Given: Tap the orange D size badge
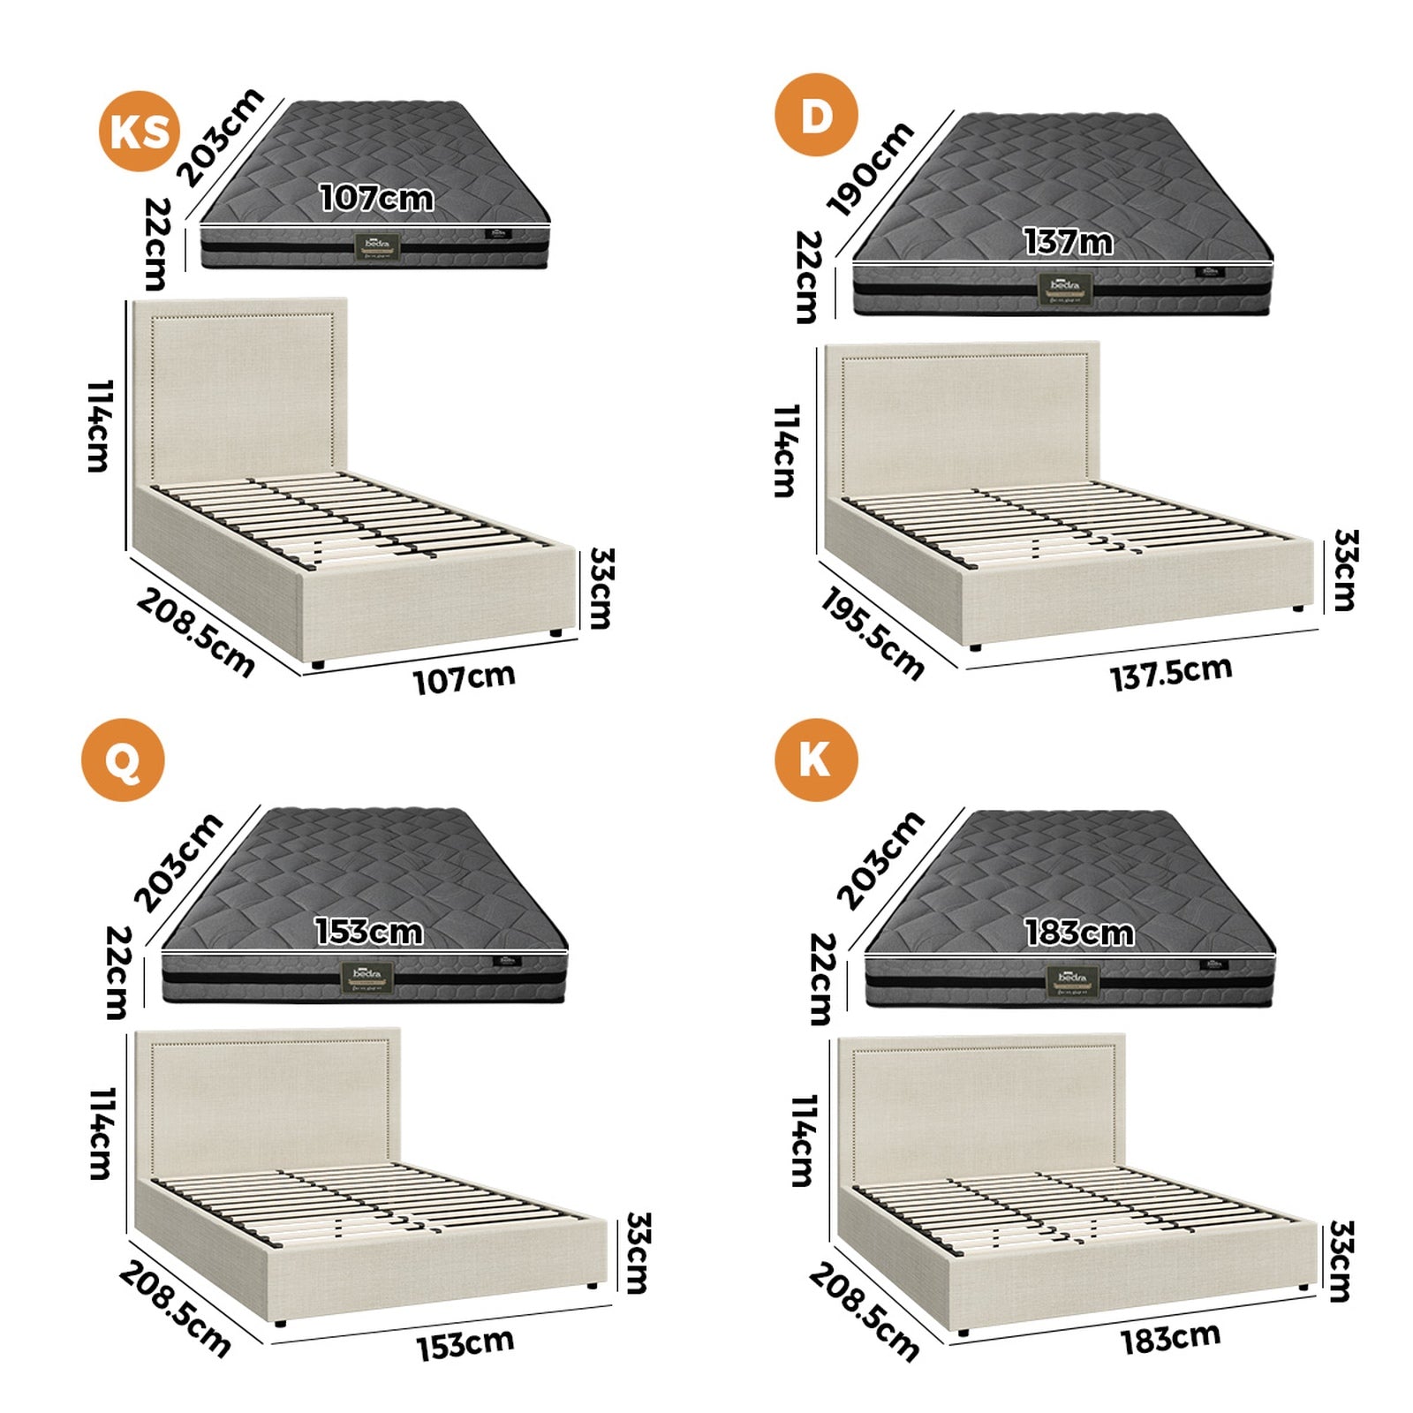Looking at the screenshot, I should [x=816, y=116].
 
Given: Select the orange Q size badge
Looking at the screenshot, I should [x=123, y=760].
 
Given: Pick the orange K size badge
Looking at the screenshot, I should [x=816, y=760].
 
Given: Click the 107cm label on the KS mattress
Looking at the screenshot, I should [x=376, y=198].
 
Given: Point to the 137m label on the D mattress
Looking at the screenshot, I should [x=1068, y=242].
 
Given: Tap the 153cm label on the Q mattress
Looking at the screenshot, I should [x=368, y=932].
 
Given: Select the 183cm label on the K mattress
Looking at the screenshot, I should [x=1078, y=933].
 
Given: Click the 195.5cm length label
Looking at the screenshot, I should [x=872, y=635].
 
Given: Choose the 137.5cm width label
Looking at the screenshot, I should [x=1171, y=673].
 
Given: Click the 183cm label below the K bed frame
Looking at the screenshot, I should [x=1170, y=1339].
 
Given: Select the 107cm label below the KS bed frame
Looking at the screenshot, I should [x=465, y=678].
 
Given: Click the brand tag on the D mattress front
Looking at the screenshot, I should [x=1064, y=289].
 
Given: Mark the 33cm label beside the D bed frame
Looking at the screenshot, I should [x=1343, y=570].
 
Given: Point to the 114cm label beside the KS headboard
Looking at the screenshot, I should [x=100, y=427].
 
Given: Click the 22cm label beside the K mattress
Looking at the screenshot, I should [x=820, y=979].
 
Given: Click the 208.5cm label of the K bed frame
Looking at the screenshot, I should [x=863, y=1311].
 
